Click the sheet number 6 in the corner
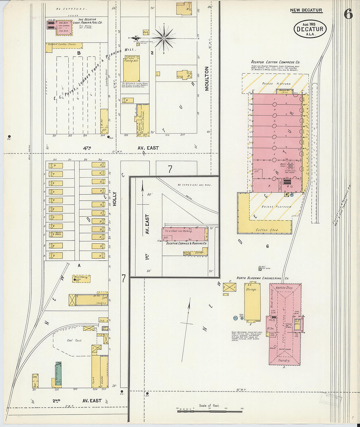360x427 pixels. (348, 14)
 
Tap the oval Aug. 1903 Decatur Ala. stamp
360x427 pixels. (310, 29)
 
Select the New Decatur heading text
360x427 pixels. (306, 10)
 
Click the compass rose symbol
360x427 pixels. (164, 38)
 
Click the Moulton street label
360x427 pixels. (207, 79)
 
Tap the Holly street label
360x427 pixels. (115, 199)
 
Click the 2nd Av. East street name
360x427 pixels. (77, 400)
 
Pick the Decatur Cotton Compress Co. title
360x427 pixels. (275, 62)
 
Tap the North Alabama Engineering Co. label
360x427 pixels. (262, 278)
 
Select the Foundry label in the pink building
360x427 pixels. (284, 360)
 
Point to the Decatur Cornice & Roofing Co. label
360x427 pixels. (186, 243)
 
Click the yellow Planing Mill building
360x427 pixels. (132, 70)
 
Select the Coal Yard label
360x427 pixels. (74, 340)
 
